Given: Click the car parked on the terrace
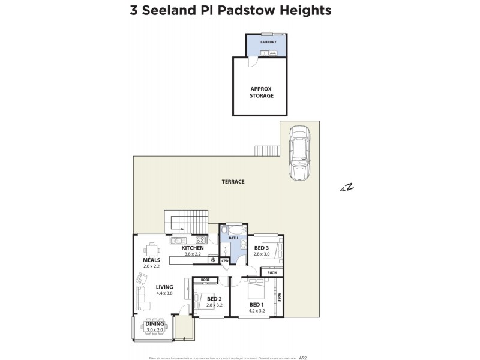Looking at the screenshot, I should tap(298, 153).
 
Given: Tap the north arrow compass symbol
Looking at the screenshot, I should tap(347, 188).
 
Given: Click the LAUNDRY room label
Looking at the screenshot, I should tap(268, 42).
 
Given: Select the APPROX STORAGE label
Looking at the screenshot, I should tap(262, 92).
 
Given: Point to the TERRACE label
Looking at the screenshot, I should tap(233, 182).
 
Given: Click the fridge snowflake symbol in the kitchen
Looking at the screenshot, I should tap(212, 259).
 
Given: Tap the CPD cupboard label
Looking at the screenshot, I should tap(224, 260).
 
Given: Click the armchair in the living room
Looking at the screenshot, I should tap(142, 278).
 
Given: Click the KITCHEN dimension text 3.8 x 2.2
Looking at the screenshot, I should tap(193, 254).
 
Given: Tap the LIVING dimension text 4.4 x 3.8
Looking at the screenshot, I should tap(164, 293).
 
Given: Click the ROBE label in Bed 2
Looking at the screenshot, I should tap(205, 280).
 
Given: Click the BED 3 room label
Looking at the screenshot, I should tap(260, 248).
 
